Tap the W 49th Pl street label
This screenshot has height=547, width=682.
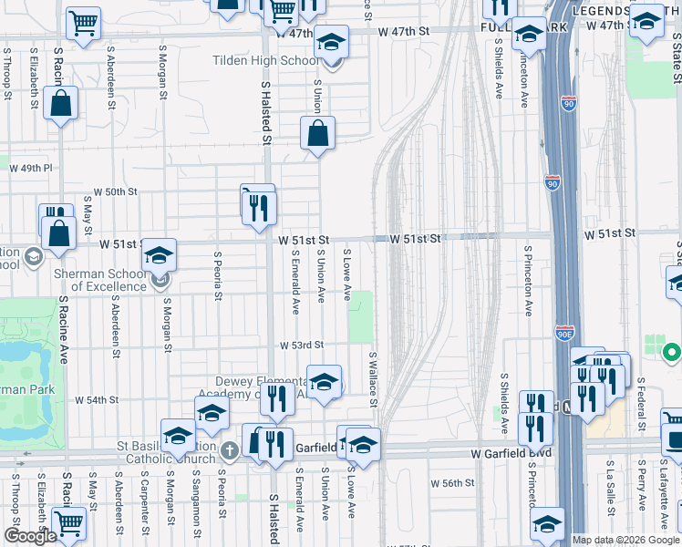point(32,169)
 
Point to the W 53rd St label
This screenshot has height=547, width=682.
point(302,346)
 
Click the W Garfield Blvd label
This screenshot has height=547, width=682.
point(506,452)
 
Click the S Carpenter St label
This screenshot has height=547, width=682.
point(145,501)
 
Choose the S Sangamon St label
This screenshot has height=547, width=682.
point(193,501)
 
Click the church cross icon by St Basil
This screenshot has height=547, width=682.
point(230,449)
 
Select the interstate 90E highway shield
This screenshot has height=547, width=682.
point(564,332)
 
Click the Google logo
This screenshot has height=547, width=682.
point(30,536)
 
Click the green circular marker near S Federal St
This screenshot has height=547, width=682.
point(672,351)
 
